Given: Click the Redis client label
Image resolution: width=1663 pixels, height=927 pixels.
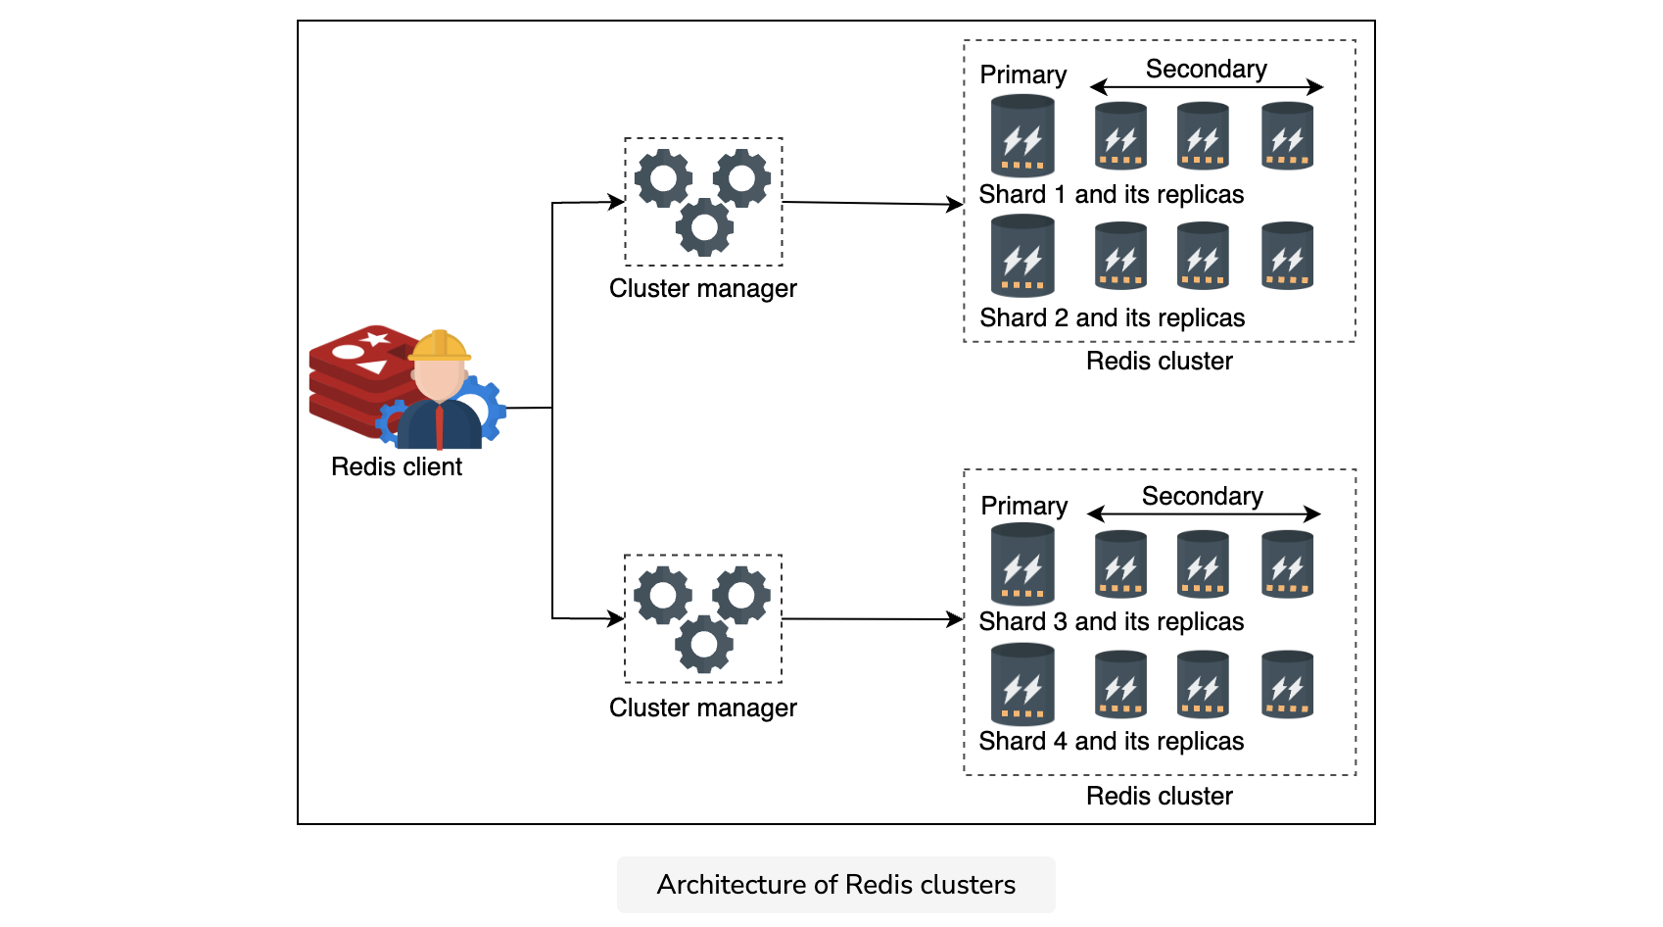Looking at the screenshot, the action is coord(397,466).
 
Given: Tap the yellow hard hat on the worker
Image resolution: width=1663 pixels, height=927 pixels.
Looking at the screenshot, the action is coord(440,345).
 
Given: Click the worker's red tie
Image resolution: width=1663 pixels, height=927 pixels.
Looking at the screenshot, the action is coord(440,426).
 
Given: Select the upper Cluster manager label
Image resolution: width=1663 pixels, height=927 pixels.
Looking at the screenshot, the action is coord(702,288).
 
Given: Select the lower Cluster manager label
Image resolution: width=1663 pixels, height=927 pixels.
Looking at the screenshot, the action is coord(702,707).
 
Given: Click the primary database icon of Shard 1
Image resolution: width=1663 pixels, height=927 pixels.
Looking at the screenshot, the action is coord(1022,135).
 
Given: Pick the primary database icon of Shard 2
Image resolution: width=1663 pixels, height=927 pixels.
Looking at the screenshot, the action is coord(1022,256).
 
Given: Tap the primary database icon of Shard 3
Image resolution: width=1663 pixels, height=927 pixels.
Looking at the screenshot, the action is coord(1022,563).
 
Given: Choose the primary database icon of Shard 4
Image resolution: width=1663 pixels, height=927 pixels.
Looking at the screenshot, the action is coord(1022,684).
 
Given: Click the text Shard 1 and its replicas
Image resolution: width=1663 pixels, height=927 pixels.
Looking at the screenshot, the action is coord(1111,195).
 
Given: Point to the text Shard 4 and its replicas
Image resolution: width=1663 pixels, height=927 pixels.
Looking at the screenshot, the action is coord(1111,741).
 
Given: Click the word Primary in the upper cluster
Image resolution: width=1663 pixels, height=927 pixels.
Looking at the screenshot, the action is coord(1023,75).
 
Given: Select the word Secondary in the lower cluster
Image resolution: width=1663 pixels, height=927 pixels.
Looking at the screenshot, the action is coord(1202,496).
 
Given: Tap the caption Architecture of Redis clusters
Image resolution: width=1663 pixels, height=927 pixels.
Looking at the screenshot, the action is coord(836,885).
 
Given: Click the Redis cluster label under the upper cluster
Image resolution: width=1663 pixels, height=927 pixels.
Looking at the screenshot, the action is coord(1159,361).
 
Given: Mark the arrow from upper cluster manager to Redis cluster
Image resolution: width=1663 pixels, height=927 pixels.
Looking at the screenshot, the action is coord(873,203).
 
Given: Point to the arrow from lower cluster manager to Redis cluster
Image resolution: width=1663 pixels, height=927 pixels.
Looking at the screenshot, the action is coord(873,618).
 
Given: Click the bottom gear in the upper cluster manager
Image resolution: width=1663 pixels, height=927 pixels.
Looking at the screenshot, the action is coord(704,227).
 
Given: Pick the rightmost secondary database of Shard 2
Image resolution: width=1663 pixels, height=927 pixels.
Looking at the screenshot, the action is coord(1287,256).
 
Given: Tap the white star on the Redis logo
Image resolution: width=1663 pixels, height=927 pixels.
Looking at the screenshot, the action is coord(376,339).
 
